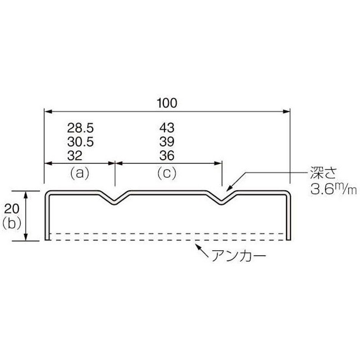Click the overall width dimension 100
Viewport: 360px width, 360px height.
(x=167, y=103)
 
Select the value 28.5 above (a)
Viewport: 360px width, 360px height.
(x=81, y=128)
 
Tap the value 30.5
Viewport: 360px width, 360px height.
(x=81, y=142)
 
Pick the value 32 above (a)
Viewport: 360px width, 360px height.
(x=75, y=156)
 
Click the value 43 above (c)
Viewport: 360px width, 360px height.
(x=167, y=128)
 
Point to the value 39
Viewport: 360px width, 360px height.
(x=167, y=142)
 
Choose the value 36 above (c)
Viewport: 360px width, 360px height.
(x=167, y=155)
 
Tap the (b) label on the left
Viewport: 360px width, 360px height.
(x=12, y=223)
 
